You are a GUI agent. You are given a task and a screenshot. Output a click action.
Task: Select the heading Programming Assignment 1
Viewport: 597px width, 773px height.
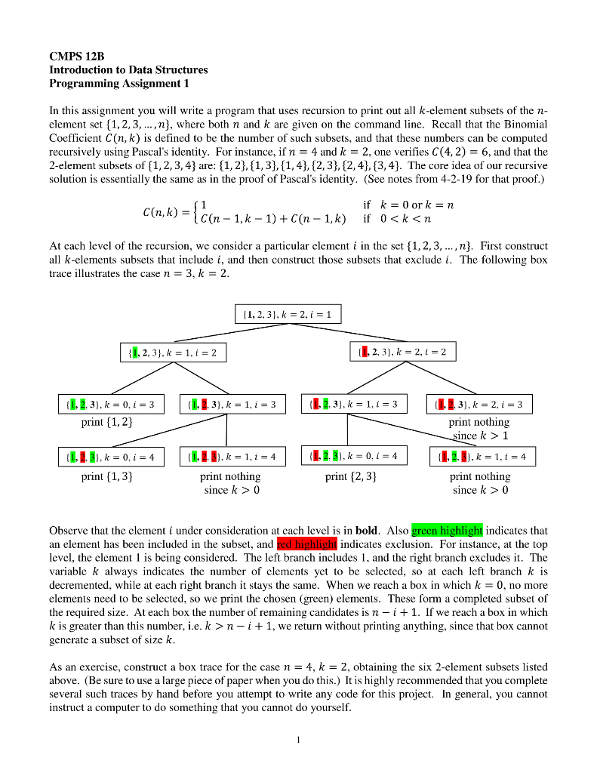(x=118, y=83)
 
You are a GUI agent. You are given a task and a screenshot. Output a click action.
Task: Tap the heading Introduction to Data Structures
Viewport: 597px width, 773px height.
(x=128, y=69)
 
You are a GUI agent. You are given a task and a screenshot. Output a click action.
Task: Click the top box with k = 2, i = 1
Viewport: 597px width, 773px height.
(x=288, y=313)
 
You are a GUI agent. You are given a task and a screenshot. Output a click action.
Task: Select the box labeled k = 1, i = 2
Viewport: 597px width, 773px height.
(x=173, y=352)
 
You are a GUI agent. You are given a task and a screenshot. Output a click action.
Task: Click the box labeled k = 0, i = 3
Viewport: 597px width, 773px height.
(x=110, y=405)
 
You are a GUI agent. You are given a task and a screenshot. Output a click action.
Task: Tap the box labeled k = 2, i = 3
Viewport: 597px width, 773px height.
(x=479, y=405)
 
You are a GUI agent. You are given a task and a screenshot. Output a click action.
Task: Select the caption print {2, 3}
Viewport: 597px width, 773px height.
(x=351, y=476)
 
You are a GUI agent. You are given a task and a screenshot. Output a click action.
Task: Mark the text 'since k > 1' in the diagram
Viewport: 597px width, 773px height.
(x=480, y=436)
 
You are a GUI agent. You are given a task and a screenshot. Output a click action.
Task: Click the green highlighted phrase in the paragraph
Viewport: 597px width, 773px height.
(x=447, y=531)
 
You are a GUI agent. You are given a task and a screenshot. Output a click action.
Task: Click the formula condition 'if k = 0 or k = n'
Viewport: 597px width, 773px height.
(x=408, y=205)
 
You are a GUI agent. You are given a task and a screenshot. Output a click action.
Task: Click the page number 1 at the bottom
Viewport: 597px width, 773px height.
(x=298, y=740)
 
